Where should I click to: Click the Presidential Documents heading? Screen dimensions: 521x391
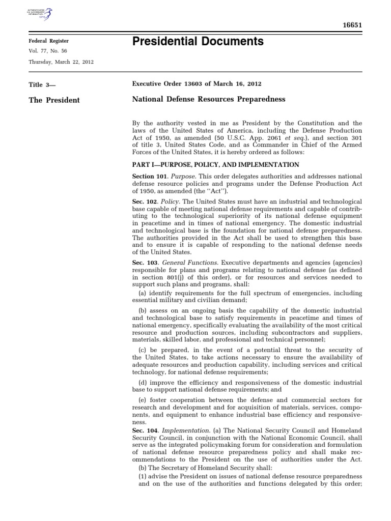[x=198, y=42]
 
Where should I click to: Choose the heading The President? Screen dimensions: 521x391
[x=54, y=100]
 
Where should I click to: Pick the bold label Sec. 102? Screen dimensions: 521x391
[x=144, y=202]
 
